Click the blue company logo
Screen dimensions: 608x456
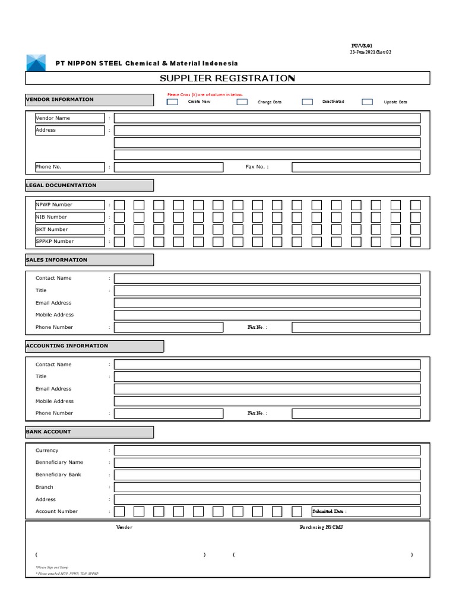(35, 62)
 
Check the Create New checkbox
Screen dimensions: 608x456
(172, 102)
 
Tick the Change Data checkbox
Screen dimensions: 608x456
(242, 102)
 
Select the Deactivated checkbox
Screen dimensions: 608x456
(307, 102)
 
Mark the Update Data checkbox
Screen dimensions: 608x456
(368, 102)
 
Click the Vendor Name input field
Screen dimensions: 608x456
(267, 118)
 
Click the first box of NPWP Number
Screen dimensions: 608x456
(119, 205)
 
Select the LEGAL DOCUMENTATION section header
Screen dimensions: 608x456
(89, 185)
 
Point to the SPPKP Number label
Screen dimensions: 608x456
(69, 242)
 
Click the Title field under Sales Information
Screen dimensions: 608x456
(267, 291)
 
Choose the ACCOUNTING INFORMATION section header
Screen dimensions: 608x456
(94, 346)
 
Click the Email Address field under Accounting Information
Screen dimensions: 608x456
(267, 389)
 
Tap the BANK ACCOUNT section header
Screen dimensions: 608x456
(89, 432)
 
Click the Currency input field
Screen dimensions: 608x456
(267, 451)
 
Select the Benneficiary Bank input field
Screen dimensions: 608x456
(267, 475)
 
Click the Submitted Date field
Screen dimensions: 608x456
(366, 512)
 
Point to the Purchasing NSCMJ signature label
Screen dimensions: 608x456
(321, 528)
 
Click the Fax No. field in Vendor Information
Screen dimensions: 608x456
(356, 167)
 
